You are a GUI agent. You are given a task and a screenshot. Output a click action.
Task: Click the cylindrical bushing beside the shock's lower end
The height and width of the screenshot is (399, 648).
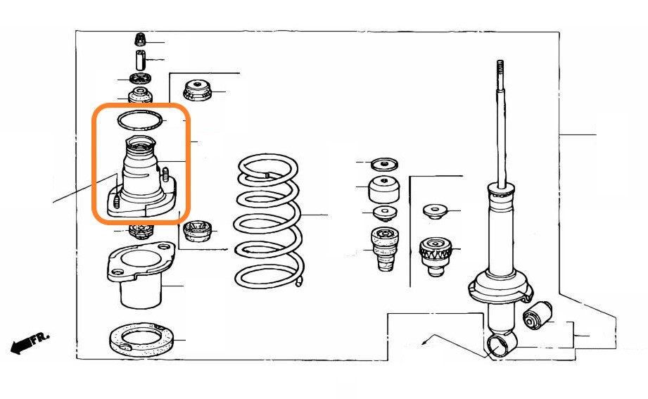[538, 315]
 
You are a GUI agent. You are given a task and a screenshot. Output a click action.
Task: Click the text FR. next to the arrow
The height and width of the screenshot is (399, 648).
[41, 337]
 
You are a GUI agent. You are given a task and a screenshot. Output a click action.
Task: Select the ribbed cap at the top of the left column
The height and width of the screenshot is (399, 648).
[141, 39]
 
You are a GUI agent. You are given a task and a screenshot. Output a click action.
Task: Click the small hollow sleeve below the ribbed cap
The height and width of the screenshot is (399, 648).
[141, 60]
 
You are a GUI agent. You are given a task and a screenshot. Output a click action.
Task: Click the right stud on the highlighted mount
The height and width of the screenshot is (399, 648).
[166, 175]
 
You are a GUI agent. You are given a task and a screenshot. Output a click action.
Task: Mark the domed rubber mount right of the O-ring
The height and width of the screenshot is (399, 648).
[198, 90]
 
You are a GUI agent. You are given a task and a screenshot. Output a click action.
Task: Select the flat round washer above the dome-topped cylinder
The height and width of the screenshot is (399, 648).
[384, 164]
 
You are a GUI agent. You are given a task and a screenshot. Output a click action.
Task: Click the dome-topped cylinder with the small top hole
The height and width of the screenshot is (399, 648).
[384, 189]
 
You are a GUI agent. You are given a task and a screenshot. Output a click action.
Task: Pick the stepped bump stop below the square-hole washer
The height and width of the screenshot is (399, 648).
[385, 249]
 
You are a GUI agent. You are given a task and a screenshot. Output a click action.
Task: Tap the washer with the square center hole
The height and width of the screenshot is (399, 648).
[385, 213]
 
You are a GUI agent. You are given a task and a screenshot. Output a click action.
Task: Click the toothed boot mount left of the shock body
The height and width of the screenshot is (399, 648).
[436, 256]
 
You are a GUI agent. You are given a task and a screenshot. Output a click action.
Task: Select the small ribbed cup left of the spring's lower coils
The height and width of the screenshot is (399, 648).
[197, 231]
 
